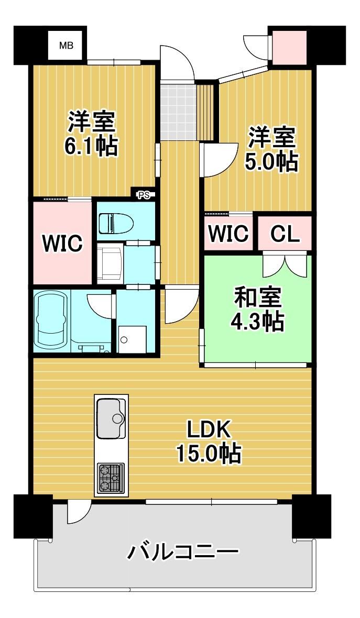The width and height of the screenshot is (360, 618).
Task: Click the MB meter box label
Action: click(66, 46)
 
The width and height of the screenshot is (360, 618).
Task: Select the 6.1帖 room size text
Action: click(92, 147)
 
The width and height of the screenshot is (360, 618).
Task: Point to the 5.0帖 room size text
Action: click(271, 162)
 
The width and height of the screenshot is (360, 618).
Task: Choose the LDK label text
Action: click(209, 431)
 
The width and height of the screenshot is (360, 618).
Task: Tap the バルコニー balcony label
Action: click(183, 551)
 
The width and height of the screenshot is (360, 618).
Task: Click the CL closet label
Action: click(285, 234)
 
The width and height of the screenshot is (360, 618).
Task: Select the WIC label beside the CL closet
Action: click(228, 234)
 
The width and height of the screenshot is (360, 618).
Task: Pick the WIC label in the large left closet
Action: click(63, 243)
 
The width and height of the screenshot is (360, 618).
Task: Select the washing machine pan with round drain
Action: click(132, 339)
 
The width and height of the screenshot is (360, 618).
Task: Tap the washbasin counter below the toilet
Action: click(111, 262)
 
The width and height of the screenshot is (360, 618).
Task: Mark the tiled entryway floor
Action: click(178, 111)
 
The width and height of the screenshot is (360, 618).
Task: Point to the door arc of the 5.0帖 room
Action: click(221, 161)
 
